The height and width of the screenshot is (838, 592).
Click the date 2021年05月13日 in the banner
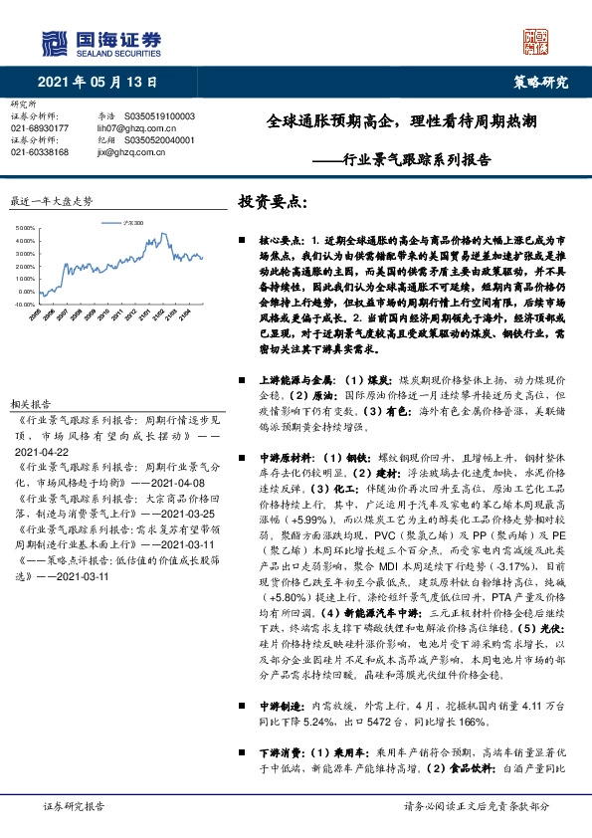click(98, 82)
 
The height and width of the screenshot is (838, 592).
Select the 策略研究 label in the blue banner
click(540, 82)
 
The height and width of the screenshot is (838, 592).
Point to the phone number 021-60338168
click(39, 152)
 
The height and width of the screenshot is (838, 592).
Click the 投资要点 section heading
click(273, 199)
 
